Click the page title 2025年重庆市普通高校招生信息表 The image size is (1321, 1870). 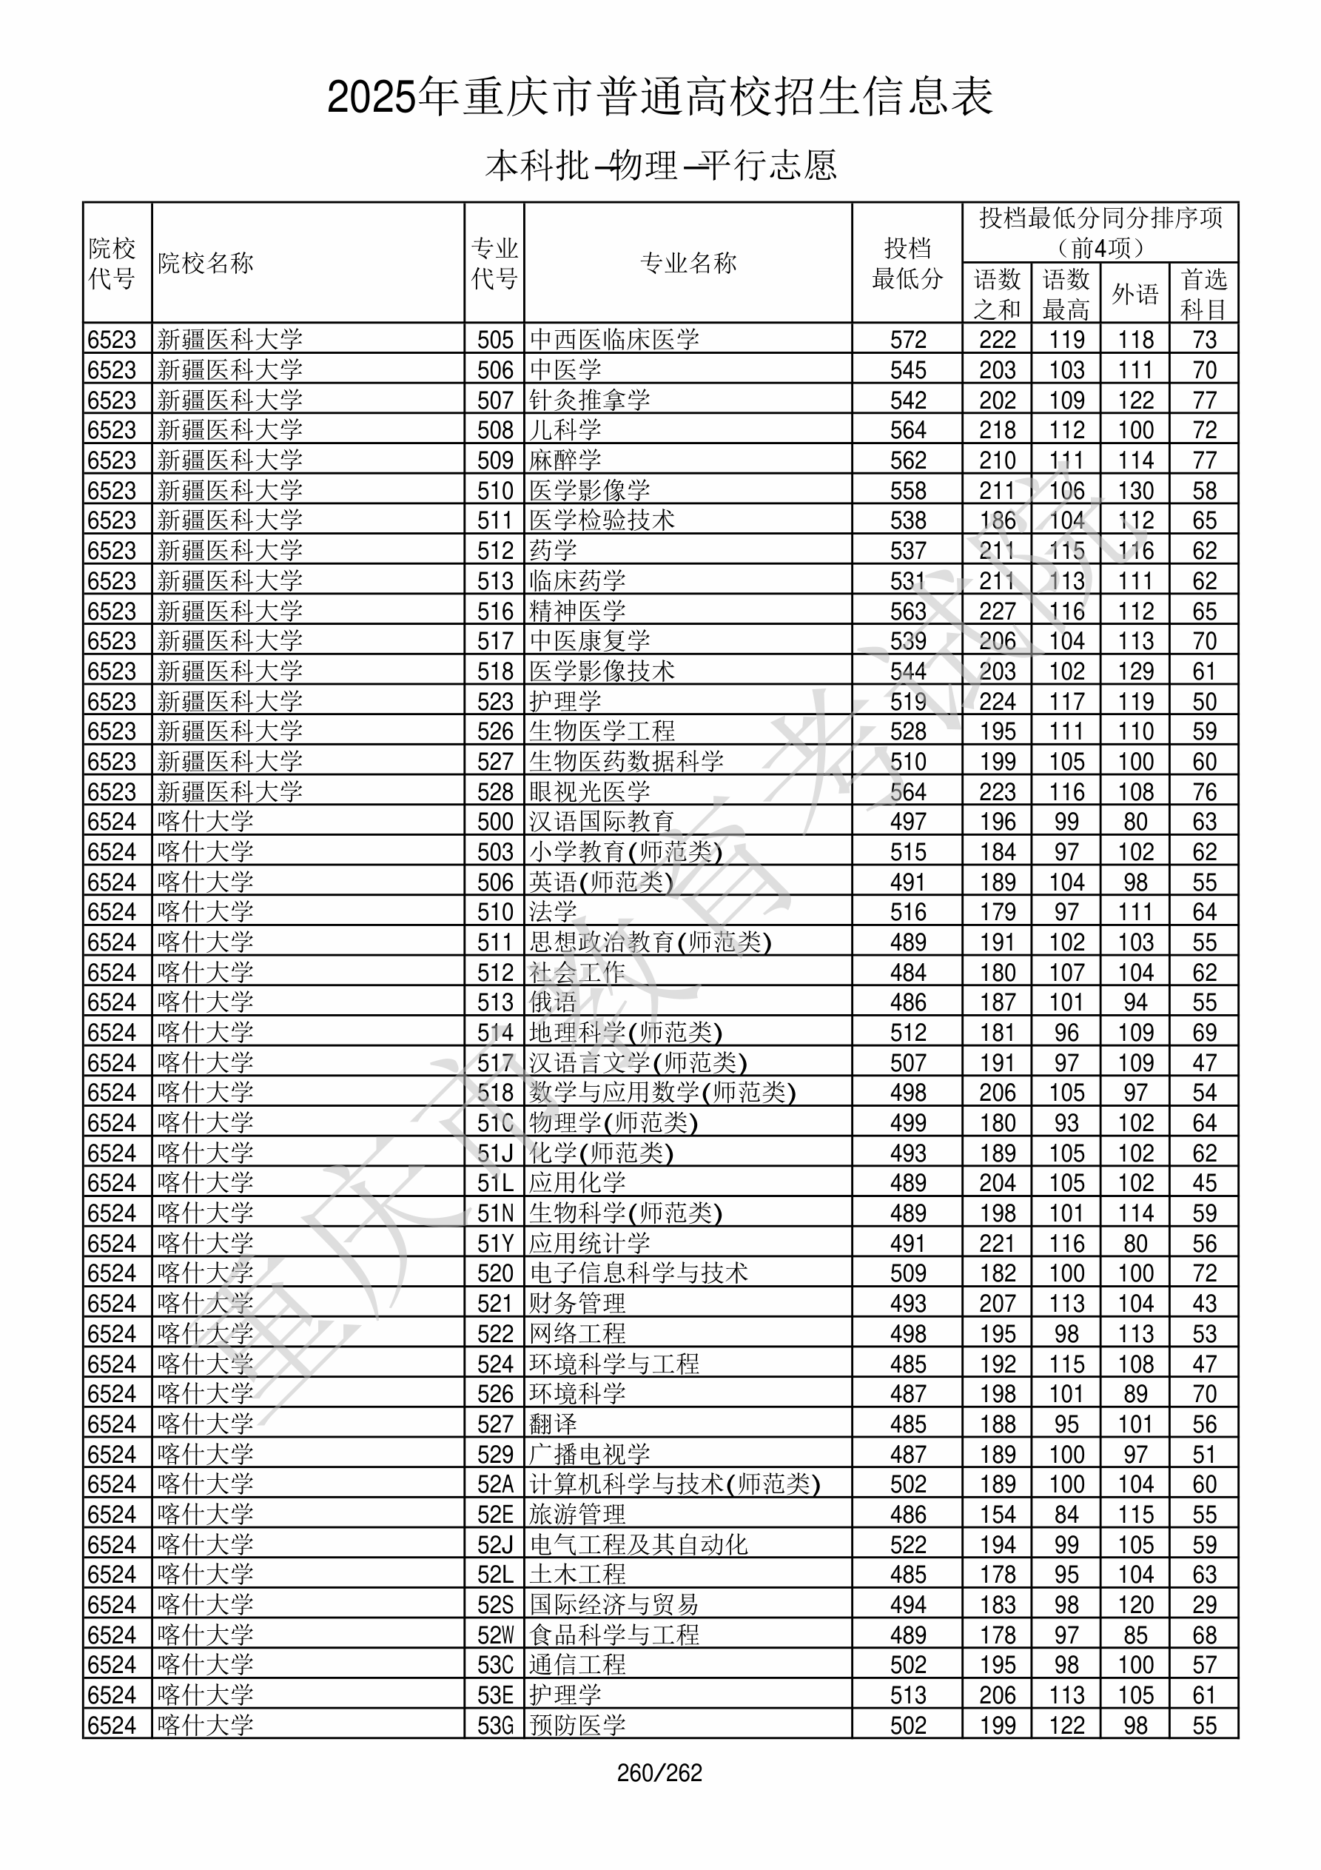point(659,98)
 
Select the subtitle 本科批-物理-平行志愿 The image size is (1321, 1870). point(659,165)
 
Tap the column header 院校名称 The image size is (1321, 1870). point(205,263)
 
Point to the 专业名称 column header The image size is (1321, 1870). point(688,263)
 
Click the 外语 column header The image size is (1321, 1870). point(1135,293)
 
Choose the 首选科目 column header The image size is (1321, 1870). point(1204,293)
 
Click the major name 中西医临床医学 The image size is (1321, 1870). point(614,339)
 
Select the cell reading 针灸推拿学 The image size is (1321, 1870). point(590,400)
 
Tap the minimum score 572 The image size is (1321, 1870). point(907,339)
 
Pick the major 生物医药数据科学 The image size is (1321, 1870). point(626,762)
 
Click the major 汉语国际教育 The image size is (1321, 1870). point(602,822)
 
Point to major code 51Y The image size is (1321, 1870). point(495,1244)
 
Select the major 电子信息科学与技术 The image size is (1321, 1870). point(639,1273)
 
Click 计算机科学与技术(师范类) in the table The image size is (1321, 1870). point(674,1484)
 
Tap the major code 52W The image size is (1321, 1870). point(495,1635)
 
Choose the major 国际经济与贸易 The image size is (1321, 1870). point(614,1604)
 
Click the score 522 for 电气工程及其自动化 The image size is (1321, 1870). point(907,1544)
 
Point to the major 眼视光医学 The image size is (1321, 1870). point(590,791)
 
